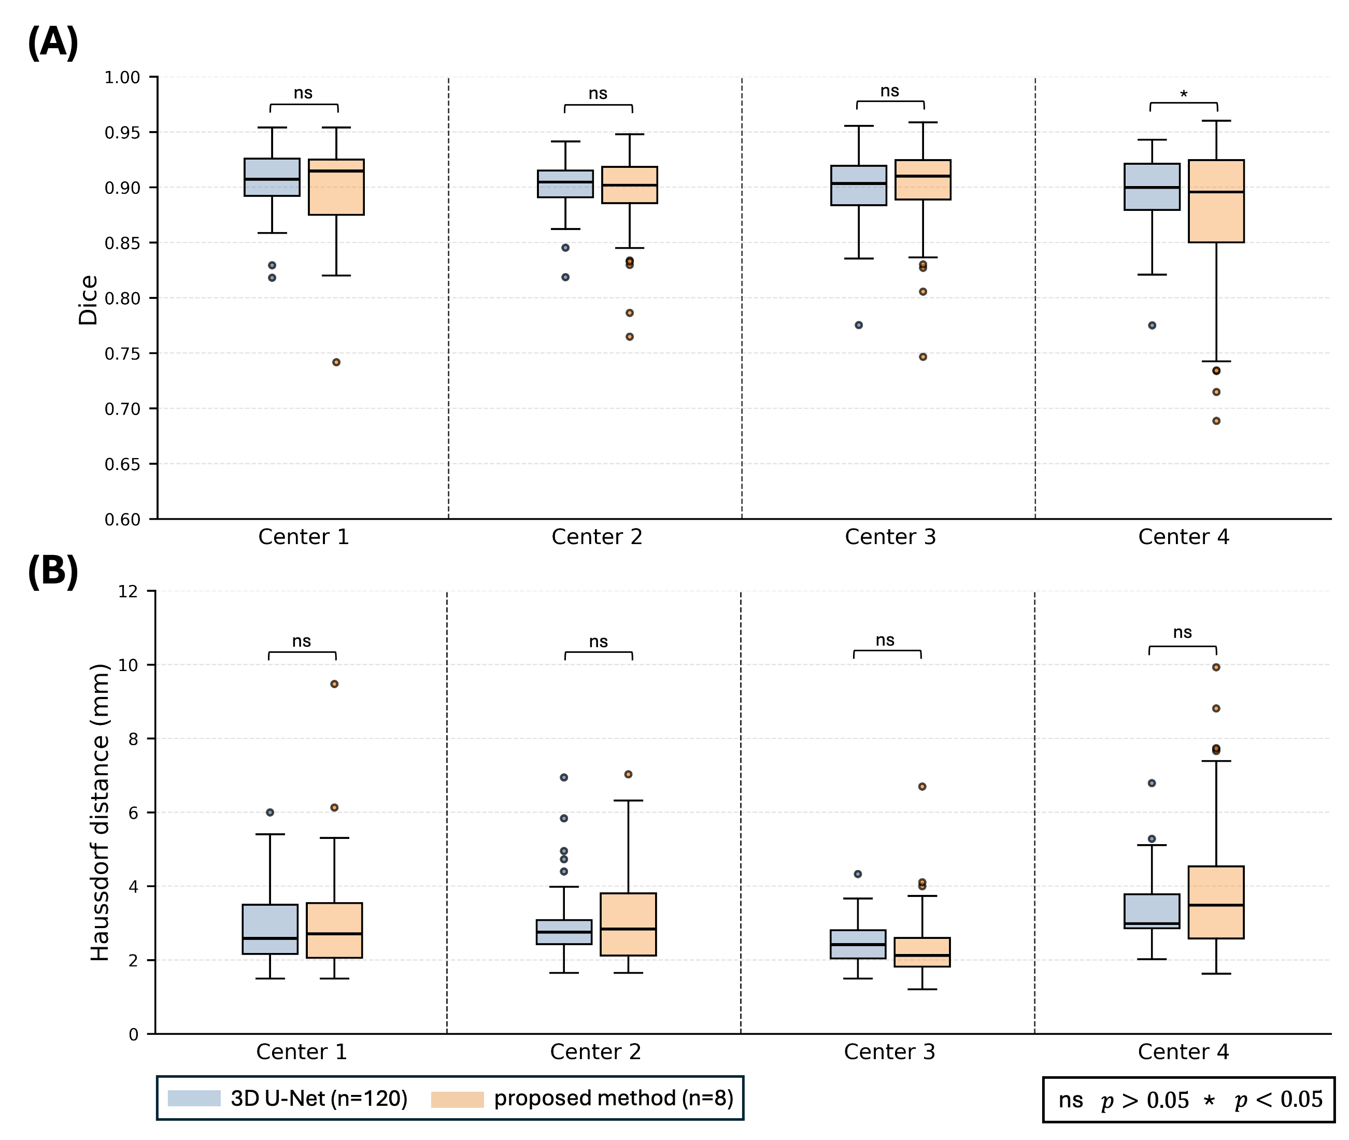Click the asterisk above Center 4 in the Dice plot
point(1184,94)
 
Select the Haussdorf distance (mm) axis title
point(100,813)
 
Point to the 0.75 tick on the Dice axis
point(122,353)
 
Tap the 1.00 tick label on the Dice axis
point(122,78)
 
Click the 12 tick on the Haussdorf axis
point(128,591)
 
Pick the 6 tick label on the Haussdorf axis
point(133,813)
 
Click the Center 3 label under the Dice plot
point(890,537)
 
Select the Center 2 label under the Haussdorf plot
point(595,1052)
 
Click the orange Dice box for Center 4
point(1216,202)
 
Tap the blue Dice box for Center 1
point(272,177)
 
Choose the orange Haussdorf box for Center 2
point(628,924)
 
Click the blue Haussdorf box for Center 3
point(858,944)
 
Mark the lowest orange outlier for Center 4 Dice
point(1216,421)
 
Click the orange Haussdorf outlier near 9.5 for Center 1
point(334,684)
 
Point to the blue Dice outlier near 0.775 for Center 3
point(858,325)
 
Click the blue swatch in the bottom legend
point(194,1098)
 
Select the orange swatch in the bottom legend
point(457,1099)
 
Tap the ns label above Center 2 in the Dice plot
point(598,94)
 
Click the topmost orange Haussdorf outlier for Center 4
point(1216,667)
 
